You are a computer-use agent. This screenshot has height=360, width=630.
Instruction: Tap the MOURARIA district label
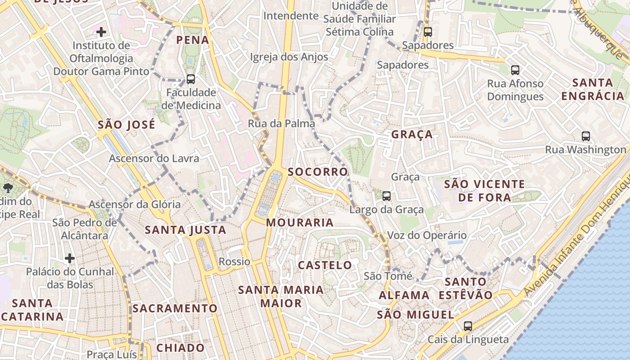click(x=300, y=222)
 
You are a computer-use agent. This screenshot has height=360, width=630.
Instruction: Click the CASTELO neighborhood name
click(x=325, y=265)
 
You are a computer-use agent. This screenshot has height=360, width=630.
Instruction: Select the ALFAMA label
click(x=404, y=295)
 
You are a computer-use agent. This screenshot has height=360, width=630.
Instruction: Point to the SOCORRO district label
click(x=318, y=172)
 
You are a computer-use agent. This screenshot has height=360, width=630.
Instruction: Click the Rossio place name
click(x=234, y=261)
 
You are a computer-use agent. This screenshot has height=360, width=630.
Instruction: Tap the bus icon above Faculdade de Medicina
click(x=191, y=79)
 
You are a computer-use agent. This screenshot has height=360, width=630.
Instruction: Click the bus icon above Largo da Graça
click(x=387, y=196)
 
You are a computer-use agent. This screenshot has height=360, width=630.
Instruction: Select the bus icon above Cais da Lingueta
click(x=468, y=326)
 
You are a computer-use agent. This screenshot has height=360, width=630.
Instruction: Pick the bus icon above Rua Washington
click(x=585, y=136)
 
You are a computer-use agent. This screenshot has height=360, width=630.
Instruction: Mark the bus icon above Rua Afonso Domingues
click(x=515, y=70)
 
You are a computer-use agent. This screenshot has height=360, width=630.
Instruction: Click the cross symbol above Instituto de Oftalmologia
click(x=101, y=32)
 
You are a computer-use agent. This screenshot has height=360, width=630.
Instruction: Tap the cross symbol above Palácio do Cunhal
click(x=70, y=258)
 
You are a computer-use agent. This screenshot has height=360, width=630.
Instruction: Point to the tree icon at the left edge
click(x=8, y=188)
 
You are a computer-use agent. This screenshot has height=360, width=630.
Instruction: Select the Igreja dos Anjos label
click(x=289, y=57)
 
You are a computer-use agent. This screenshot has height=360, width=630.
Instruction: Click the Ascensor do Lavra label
click(x=154, y=158)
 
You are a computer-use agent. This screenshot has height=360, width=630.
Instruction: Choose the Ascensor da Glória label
click(x=135, y=204)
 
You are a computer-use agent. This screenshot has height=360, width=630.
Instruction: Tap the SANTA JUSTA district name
click(x=185, y=230)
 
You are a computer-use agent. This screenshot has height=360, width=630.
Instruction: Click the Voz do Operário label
click(x=427, y=235)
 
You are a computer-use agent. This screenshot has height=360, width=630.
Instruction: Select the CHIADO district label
click(x=180, y=348)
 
